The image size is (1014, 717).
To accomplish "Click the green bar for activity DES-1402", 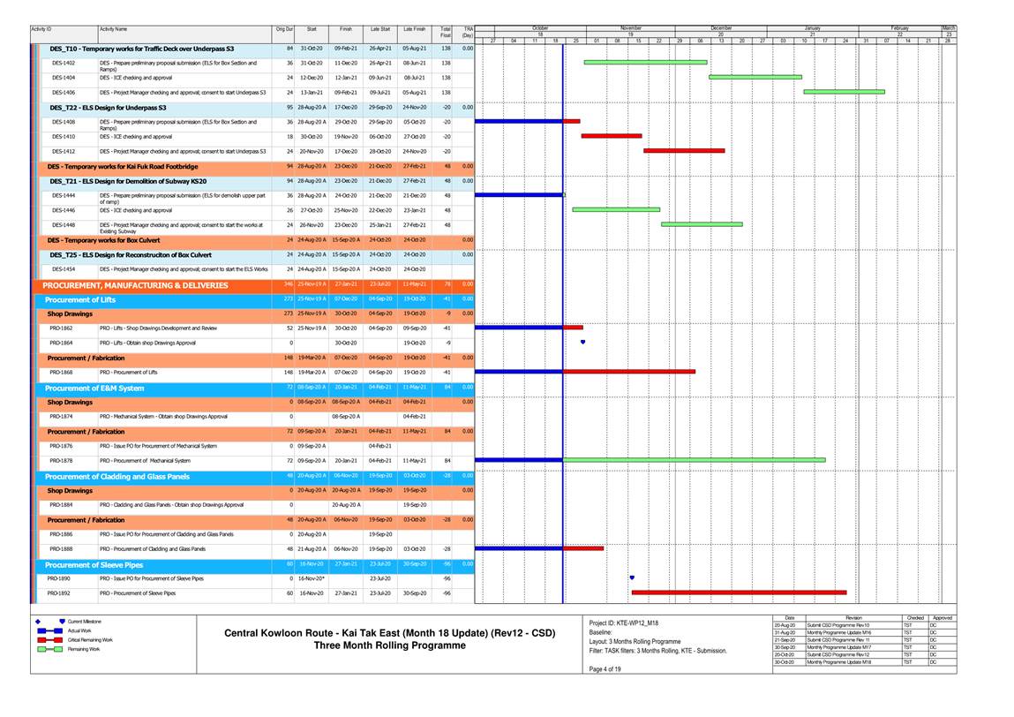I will [x=645, y=63].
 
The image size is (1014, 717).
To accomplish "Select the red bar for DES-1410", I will [x=611, y=136].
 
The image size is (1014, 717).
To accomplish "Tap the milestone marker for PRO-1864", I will [x=582, y=342].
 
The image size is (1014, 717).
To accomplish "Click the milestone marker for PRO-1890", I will [x=632, y=577].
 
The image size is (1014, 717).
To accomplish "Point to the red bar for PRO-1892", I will [x=739, y=592].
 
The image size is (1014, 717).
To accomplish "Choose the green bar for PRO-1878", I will [x=695, y=460].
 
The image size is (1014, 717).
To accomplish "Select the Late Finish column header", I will [x=414, y=30].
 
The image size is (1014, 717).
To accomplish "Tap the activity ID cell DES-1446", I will [x=64, y=210].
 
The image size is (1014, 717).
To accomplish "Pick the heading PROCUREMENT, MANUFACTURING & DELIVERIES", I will [x=135, y=285].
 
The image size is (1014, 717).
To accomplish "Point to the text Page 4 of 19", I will [x=605, y=668].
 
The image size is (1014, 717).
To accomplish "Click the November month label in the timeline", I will [x=630, y=28].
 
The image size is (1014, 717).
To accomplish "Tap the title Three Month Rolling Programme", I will [x=389, y=645].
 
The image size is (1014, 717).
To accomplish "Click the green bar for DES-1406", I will [x=844, y=92].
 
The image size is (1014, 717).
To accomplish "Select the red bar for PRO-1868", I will [x=629, y=372].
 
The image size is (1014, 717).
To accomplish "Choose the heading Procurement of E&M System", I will [x=94, y=388].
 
